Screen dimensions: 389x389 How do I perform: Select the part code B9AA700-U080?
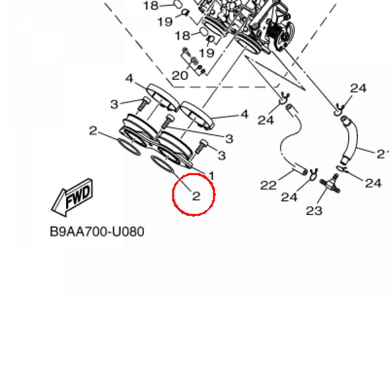click(97, 231)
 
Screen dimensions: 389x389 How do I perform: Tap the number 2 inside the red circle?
click(196, 196)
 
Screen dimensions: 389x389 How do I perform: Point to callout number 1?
click(212, 176)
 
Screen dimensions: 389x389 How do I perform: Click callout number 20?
click(180, 75)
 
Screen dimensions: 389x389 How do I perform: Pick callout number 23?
click(314, 210)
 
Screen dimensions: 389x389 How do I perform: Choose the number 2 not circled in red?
click(93, 131)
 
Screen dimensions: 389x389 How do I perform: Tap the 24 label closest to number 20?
click(266, 120)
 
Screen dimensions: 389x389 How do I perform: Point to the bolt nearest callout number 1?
click(200, 147)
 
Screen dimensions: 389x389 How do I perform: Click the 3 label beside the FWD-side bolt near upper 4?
click(115, 104)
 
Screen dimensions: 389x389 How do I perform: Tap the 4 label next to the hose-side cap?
click(244, 114)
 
